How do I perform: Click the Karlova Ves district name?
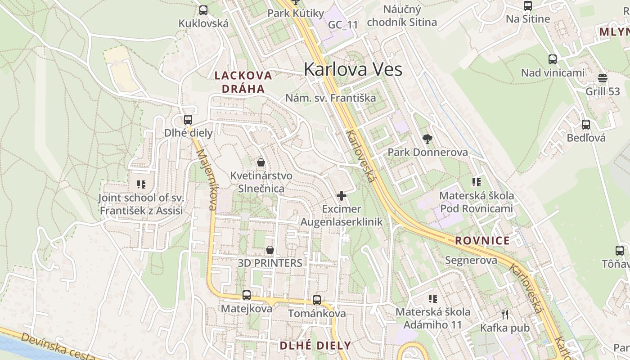(353, 69)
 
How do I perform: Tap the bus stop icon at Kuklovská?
(203, 10)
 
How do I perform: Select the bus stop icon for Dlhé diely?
(188, 120)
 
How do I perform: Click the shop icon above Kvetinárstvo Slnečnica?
(261, 162)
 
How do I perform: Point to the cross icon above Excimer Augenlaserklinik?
(342, 196)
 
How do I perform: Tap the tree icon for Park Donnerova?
(427, 139)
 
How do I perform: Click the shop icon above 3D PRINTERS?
(270, 249)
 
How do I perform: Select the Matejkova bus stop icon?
(247, 295)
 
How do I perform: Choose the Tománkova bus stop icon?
(317, 300)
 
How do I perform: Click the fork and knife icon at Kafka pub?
(505, 314)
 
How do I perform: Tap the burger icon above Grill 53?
(603, 78)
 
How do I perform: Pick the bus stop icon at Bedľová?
(586, 125)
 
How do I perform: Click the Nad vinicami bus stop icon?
(553, 59)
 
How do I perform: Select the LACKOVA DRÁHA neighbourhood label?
(243, 82)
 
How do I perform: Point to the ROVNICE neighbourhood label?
(482, 240)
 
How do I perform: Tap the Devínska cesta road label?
(58, 347)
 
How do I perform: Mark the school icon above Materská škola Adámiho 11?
(433, 298)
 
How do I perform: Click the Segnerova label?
(471, 260)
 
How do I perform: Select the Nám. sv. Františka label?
(330, 98)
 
